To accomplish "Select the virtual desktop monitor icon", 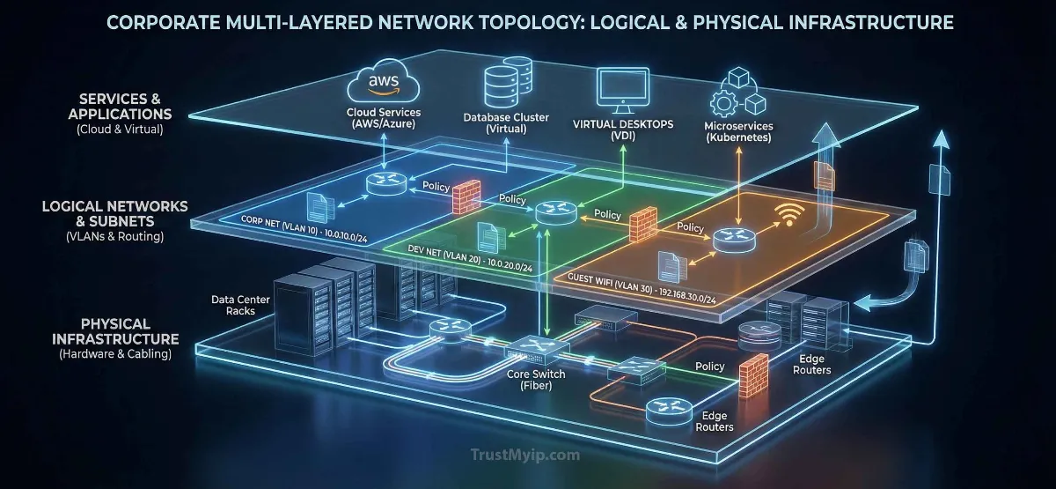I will (x=622, y=91).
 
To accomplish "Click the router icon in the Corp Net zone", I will (x=384, y=182).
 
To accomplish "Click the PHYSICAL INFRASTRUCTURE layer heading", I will (x=116, y=331).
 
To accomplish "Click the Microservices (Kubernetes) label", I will (x=739, y=132).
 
